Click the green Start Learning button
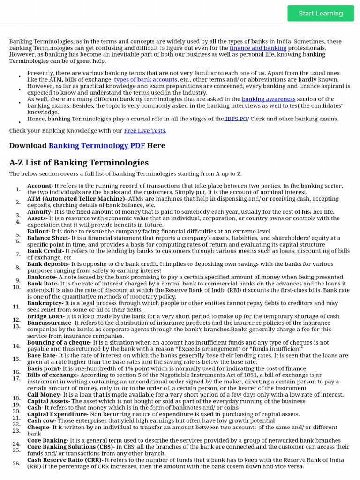pyautogui.click(x=321, y=13)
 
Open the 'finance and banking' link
pyautogui.click(x=258, y=48)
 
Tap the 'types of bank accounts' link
pyautogui.click(x=145, y=80)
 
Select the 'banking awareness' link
pyautogui.click(x=268, y=99)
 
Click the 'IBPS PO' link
pyautogui.click(x=236, y=119)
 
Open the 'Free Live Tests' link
pyautogui.click(x=144, y=131)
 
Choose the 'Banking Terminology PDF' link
pyautogui.click(x=97, y=146)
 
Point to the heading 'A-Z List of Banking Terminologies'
pyautogui.click(x=79, y=163)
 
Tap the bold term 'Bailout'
pyautogui.click(x=38, y=232)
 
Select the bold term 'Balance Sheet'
pyautogui.click(x=48, y=238)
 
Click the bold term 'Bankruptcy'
pyautogui.click(x=45, y=303)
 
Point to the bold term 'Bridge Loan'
pyautogui.click(x=45, y=316)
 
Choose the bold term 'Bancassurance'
pyautogui.click(x=49, y=323)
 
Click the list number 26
pyautogui.click(x=16, y=463)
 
